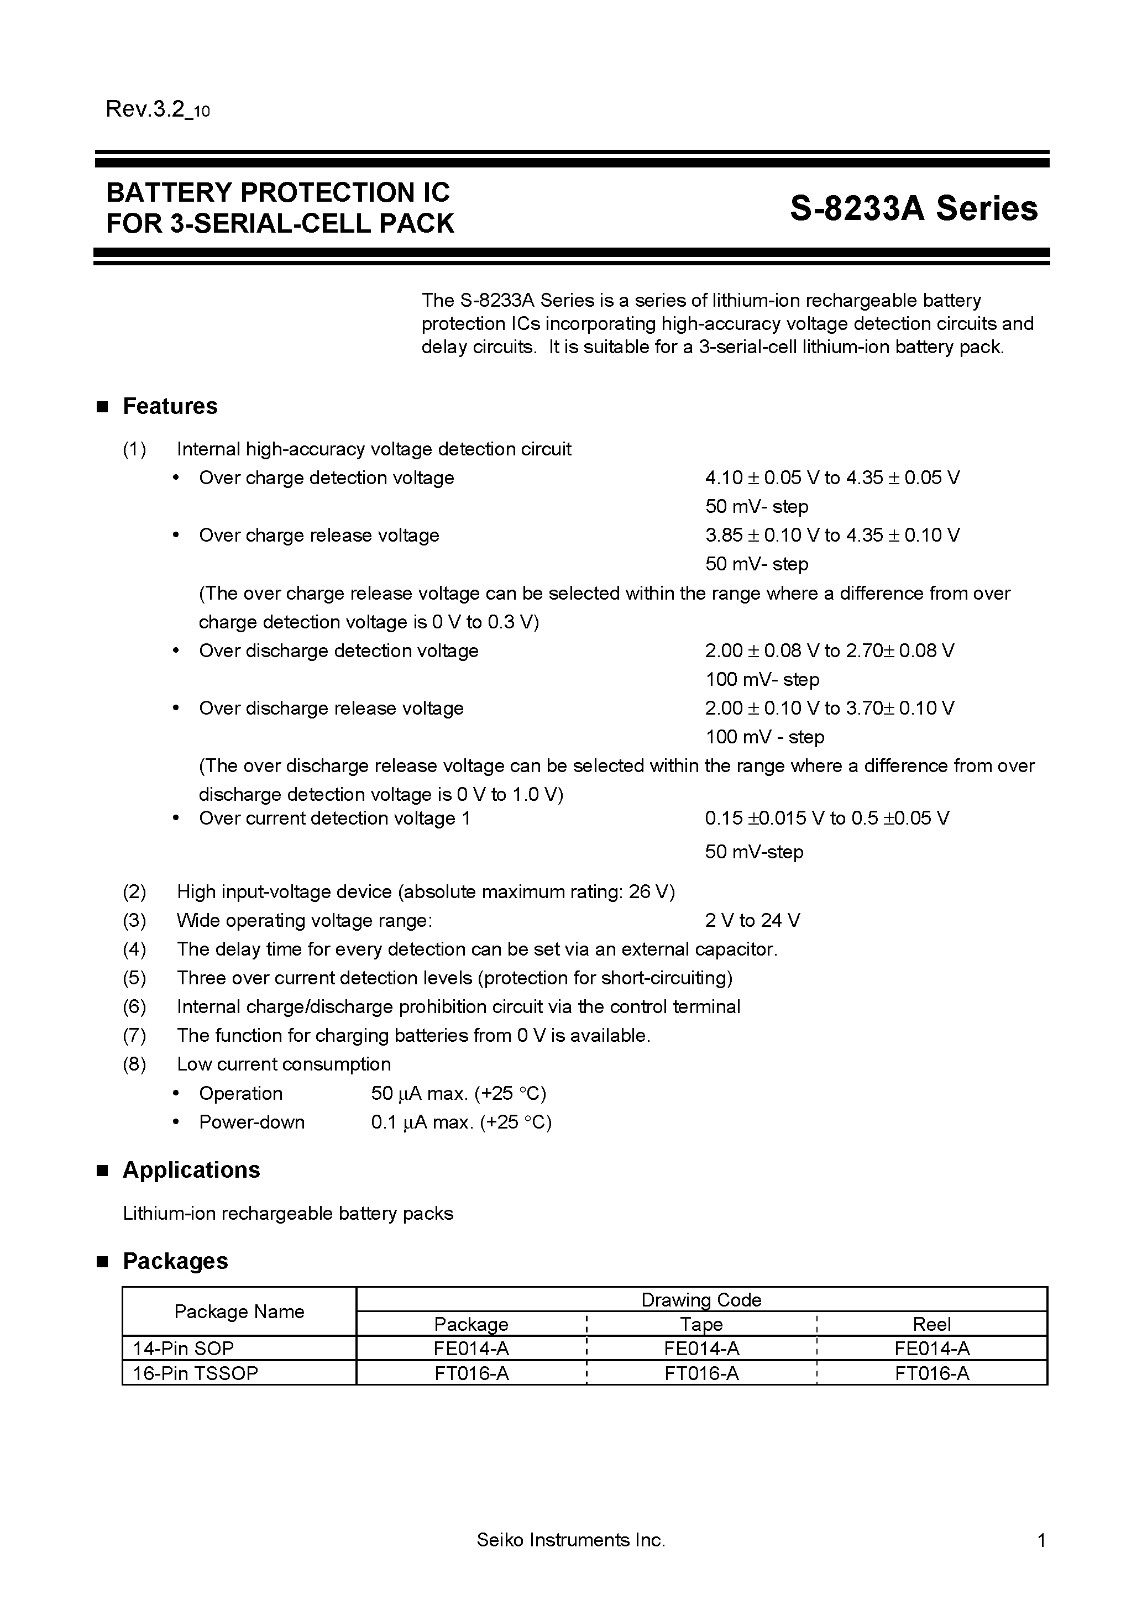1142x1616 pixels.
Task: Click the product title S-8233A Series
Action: click(x=913, y=208)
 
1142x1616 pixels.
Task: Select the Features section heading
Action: click(x=170, y=406)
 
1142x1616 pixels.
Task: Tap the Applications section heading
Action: click(x=191, y=1170)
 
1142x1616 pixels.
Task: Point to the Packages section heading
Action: click(x=175, y=1261)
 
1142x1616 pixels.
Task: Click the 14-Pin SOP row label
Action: click(x=183, y=1348)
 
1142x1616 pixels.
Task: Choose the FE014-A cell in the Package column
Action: click(x=471, y=1348)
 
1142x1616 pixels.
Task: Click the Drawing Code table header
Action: click(x=701, y=1299)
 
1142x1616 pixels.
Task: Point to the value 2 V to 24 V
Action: click(x=752, y=921)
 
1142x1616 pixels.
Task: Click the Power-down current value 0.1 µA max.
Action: click(x=460, y=1122)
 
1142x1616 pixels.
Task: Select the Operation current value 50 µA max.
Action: click(x=458, y=1093)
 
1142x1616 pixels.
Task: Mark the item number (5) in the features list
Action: click(x=134, y=978)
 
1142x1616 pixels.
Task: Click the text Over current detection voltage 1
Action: click(x=334, y=818)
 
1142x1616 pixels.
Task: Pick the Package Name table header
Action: click(x=239, y=1311)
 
